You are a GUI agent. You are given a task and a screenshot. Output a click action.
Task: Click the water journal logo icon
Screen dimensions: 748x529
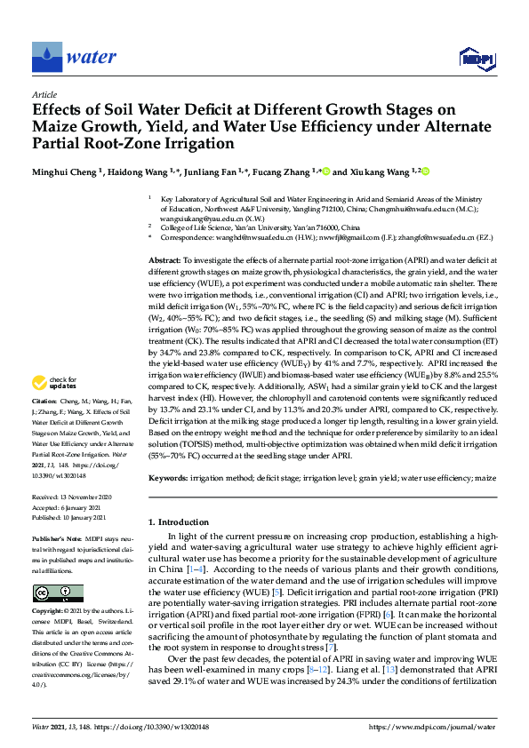(47, 56)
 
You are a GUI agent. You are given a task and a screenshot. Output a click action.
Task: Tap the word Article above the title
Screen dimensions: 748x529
(44, 94)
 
